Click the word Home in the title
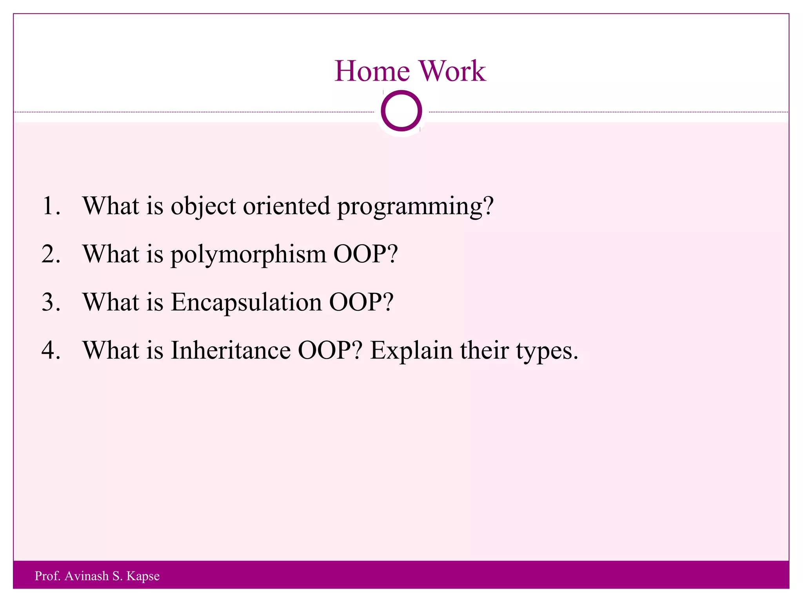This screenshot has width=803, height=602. coord(372,71)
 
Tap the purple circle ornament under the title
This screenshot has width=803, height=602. coord(401,111)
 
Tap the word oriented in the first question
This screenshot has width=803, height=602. coord(286,206)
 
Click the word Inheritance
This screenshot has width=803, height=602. coord(231,350)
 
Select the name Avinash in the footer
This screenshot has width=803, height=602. coord(87,576)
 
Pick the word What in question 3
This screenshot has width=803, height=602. coord(111,302)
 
